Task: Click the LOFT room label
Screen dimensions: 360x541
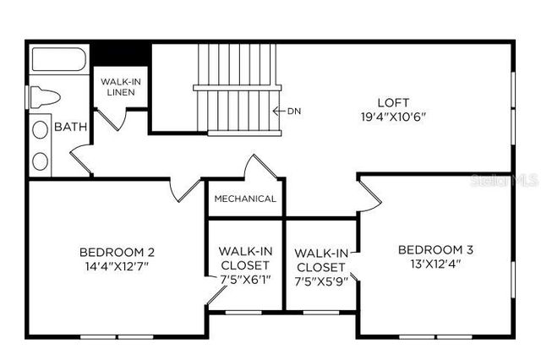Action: pyautogui.click(x=388, y=101)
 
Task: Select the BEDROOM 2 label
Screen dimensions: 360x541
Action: pyautogui.click(x=117, y=251)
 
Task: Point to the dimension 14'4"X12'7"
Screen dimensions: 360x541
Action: pyautogui.click(x=117, y=265)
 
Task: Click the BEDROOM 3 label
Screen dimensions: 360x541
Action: pyautogui.click(x=435, y=249)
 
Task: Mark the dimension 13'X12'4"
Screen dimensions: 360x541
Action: pyautogui.click(x=435, y=263)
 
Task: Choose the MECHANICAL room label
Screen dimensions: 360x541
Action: pyautogui.click(x=245, y=199)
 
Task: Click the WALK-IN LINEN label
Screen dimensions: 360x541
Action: pyautogui.click(x=120, y=86)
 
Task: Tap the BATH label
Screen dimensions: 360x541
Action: pyautogui.click(x=70, y=128)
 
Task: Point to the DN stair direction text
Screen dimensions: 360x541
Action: pyautogui.click(x=294, y=111)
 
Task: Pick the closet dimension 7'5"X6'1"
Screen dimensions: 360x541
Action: pyautogui.click(x=244, y=279)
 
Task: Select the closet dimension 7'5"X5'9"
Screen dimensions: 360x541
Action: pyautogui.click(x=320, y=281)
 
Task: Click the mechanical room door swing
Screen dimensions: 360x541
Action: pyautogui.click(x=264, y=166)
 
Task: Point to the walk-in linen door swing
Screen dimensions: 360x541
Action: pyautogui.click(x=115, y=118)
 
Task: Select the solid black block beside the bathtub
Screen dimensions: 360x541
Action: pyautogui.click(x=120, y=52)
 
